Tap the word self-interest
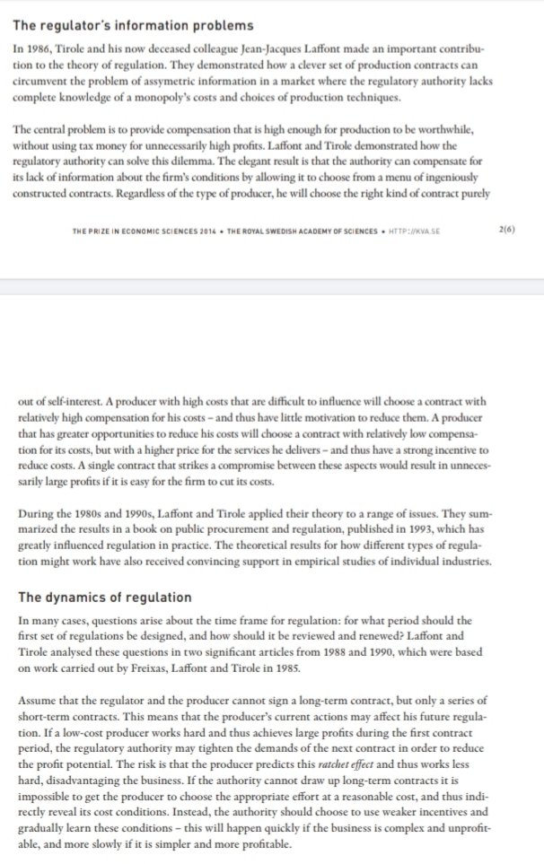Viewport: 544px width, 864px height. tap(63, 403)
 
